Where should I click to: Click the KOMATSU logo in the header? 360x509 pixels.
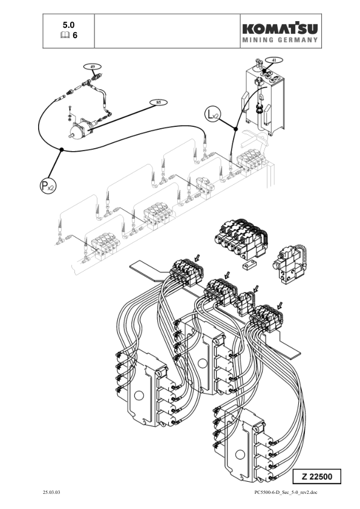coord(280,28)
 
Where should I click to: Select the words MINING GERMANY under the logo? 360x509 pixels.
coord(280,41)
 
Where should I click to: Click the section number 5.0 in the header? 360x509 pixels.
coord(70,25)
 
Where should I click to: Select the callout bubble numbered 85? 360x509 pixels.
coord(159,103)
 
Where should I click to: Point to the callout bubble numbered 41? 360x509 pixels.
coord(274,60)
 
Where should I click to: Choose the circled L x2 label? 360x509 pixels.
coord(212,112)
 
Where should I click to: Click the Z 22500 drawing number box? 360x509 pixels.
coord(316,476)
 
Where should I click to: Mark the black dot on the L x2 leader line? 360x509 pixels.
coord(235,128)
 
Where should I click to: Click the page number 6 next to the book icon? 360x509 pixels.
coord(75,36)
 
